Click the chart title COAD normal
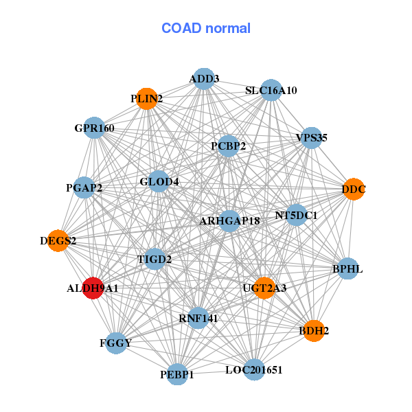[x=206, y=29]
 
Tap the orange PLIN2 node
[x=146, y=99]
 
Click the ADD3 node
[x=204, y=79]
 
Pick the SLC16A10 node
[x=271, y=91]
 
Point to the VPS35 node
[x=311, y=138]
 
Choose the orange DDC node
[x=354, y=189]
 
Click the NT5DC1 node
[x=296, y=216]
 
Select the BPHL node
[x=347, y=268]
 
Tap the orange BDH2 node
[x=314, y=331]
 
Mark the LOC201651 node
[x=254, y=370]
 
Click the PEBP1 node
[x=177, y=374]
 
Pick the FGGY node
[x=115, y=343]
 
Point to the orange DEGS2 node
[x=58, y=241]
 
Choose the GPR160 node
[x=94, y=128]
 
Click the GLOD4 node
[x=159, y=182]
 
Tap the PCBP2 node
[x=229, y=146]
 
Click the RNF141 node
[x=197, y=318]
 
